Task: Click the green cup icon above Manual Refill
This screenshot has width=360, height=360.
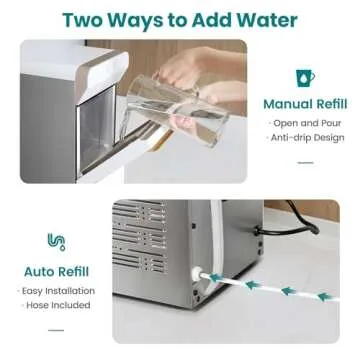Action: [x=304, y=77]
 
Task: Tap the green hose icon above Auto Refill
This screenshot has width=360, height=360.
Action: [x=57, y=241]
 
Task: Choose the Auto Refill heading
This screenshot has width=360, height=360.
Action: [x=58, y=270]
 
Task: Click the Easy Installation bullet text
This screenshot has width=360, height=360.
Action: [x=57, y=289]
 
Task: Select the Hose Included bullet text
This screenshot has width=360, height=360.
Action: [x=57, y=305]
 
